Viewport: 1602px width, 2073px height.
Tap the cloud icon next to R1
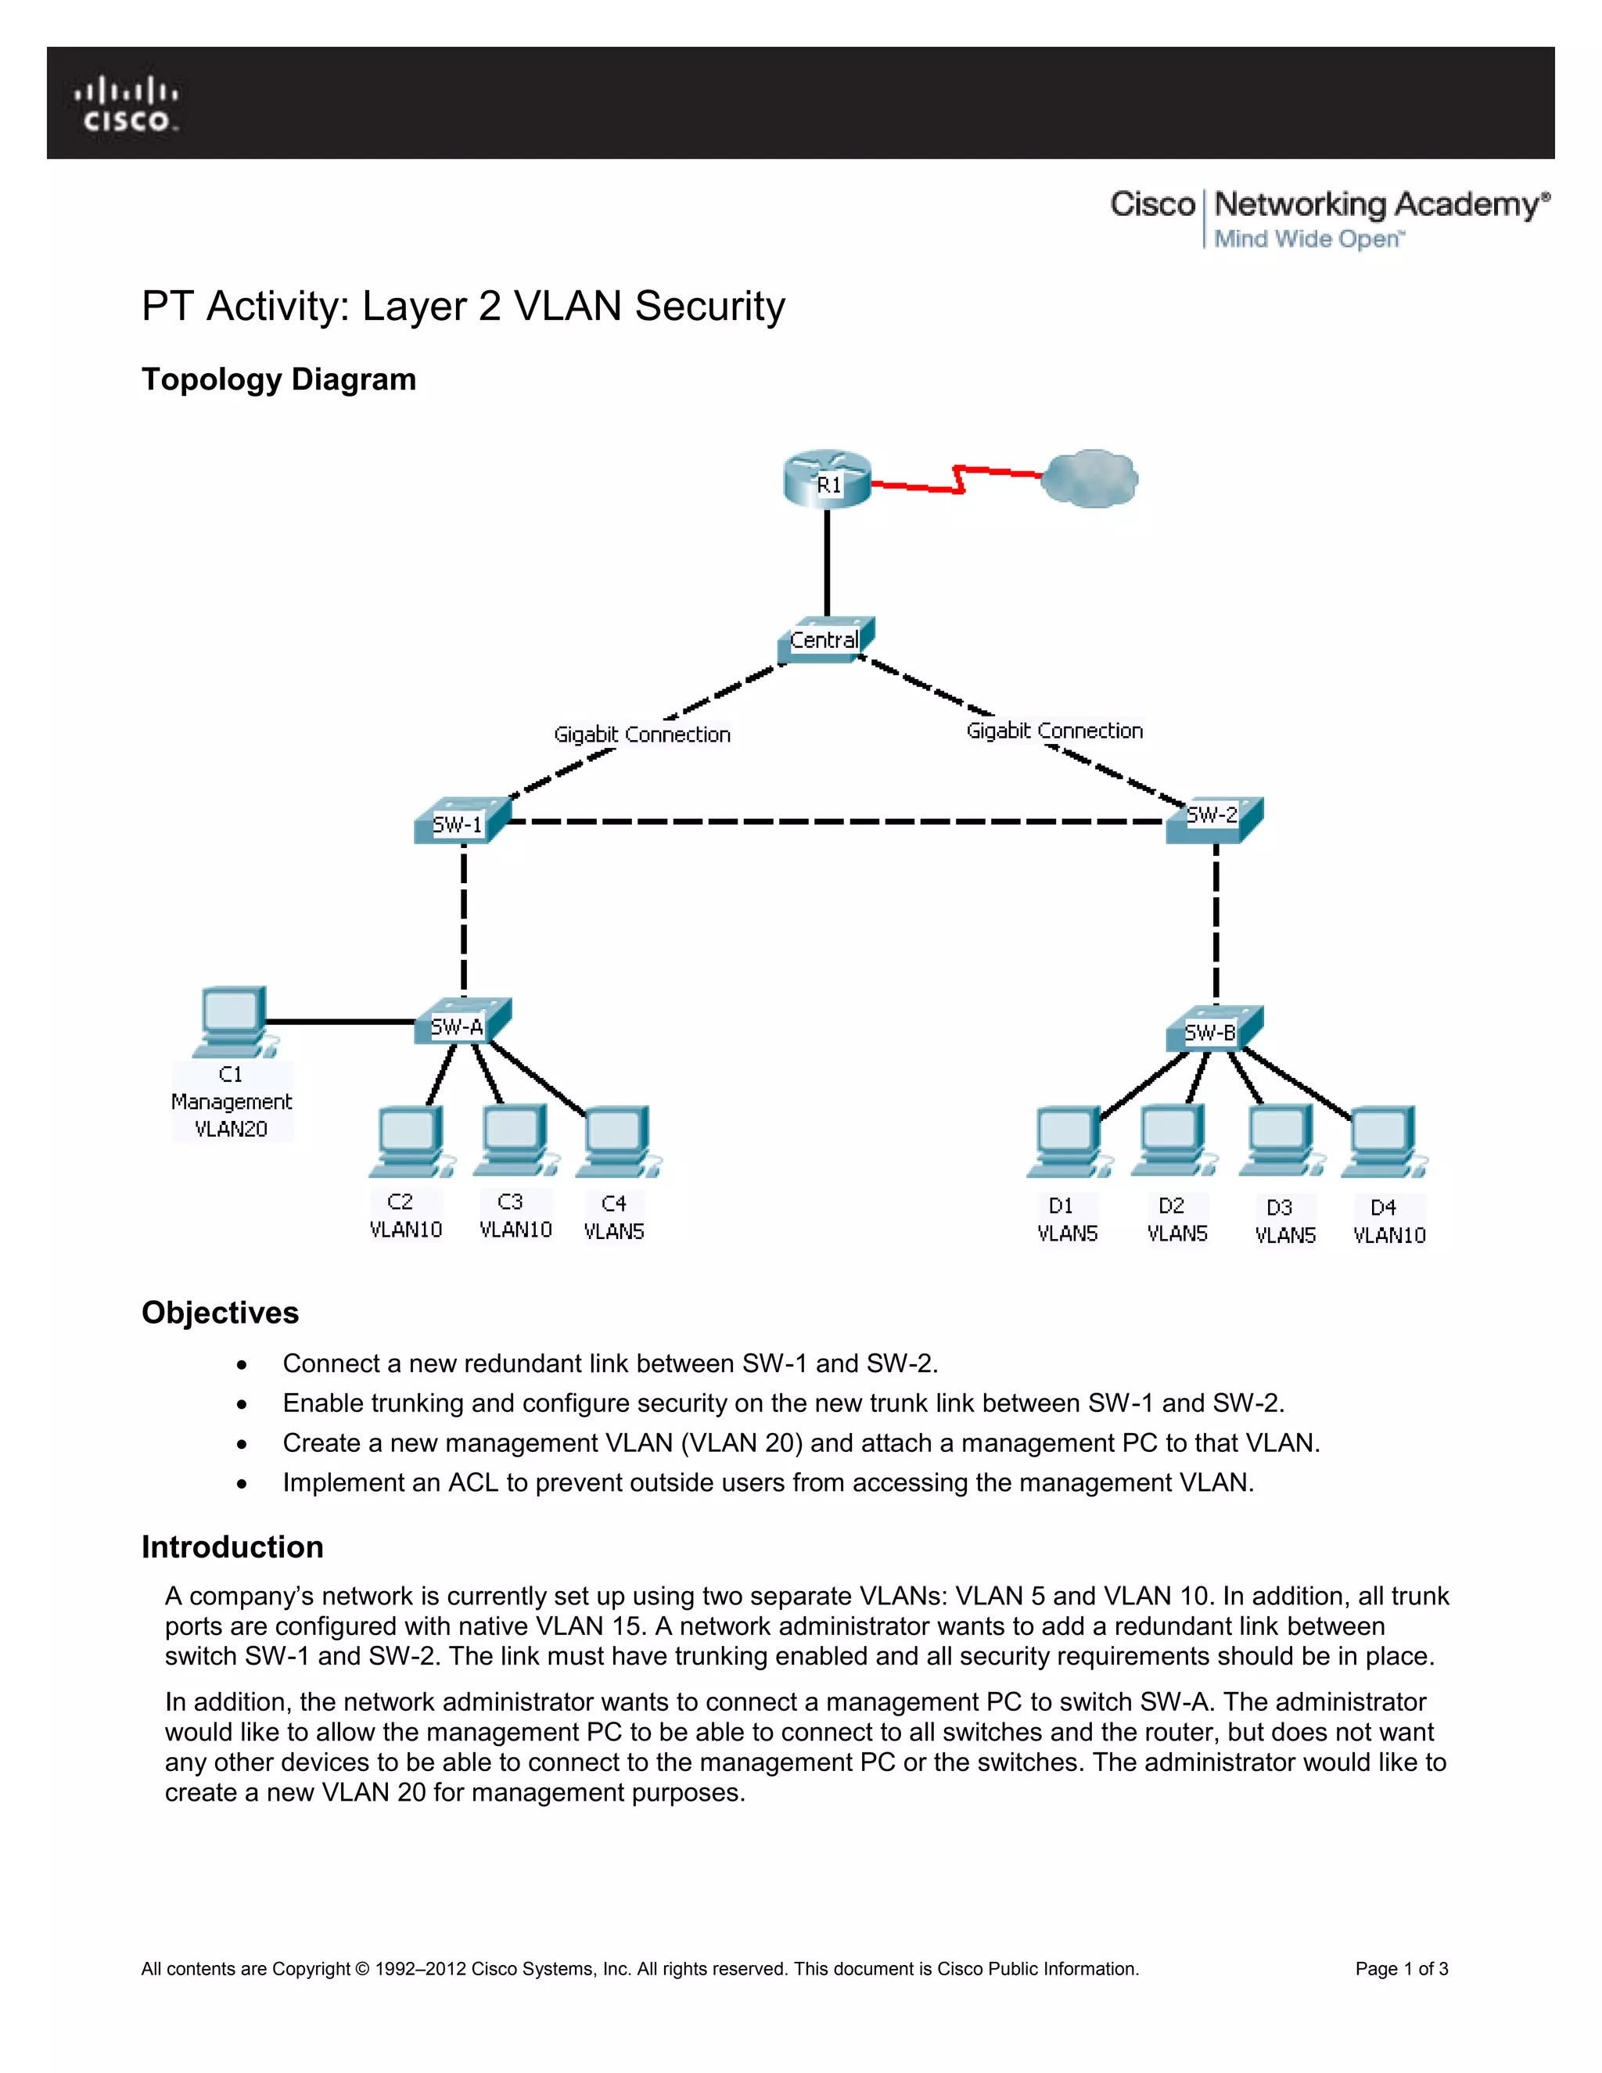(1090, 479)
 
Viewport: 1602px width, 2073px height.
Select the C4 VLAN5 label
(614, 1218)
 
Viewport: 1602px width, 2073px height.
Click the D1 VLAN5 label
(1067, 1220)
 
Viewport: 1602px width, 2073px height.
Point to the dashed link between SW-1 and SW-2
(835, 822)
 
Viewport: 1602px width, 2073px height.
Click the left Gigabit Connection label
(642, 735)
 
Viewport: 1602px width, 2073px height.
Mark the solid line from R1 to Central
(827, 562)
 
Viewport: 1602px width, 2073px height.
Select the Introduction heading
(232, 1547)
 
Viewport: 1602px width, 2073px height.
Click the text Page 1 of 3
(1401, 1969)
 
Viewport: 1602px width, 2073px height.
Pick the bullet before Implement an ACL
(243, 1483)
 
